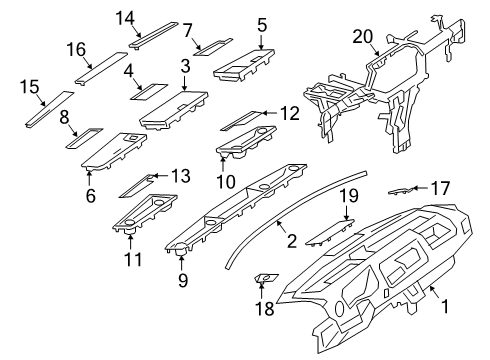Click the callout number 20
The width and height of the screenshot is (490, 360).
click(363, 37)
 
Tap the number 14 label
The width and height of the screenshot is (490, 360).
click(125, 18)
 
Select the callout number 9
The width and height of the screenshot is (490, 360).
click(183, 280)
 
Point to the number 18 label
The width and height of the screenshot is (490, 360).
click(265, 308)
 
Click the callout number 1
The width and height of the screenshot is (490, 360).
click(445, 306)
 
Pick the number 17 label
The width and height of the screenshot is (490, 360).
click(440, 189)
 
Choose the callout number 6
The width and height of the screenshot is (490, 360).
click(91, 195)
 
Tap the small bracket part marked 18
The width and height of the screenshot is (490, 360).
click(266, 278)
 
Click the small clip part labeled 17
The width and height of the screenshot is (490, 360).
click(402, 191)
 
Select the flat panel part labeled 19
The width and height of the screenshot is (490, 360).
click(330, 233)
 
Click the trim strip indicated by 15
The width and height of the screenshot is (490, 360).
click(50, 109)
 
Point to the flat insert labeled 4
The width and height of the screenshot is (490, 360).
click(149, 92)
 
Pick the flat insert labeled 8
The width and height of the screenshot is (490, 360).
click(85, 138)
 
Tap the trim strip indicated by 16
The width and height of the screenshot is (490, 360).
click(101, 68)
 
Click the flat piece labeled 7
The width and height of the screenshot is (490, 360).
click(213, 47)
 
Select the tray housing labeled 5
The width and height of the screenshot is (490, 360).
click(244, 65)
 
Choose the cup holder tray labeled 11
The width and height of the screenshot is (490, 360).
click(145, 214)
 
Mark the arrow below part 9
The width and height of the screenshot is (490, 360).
click(181, 262)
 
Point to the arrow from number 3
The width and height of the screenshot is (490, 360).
click(185, 82)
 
